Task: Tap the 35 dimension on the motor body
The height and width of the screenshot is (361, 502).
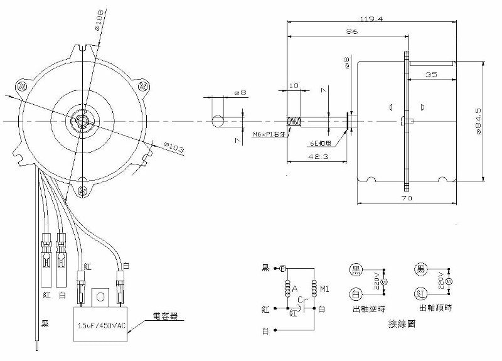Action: point(431,73)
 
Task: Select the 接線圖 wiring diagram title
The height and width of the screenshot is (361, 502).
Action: point(402,325)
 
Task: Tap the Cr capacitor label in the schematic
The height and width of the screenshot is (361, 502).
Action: point(301,299)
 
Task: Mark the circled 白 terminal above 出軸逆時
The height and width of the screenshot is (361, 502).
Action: point(355,292)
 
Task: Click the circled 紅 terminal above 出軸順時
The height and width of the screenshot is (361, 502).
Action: point(420,292)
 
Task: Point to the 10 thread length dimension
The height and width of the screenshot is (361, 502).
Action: point(294,85)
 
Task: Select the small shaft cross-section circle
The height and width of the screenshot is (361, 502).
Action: point(218,120)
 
